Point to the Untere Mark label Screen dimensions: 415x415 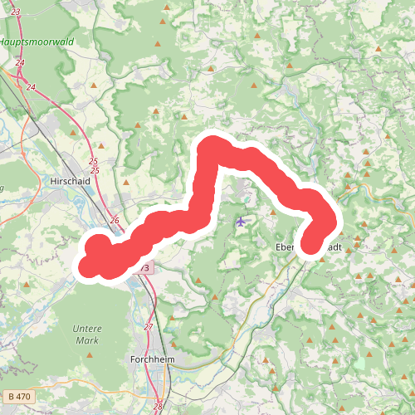tap(87, 334)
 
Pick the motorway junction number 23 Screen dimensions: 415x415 tap(16, 12)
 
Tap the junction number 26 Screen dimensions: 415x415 tap(115, 220)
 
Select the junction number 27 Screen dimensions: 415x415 tap(149, 327)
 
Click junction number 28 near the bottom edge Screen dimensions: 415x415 tap(158, 407)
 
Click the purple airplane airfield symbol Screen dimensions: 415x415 tap(241, 221)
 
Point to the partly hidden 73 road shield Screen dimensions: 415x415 tap(144, 268)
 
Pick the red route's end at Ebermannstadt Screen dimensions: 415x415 tap(310, 245)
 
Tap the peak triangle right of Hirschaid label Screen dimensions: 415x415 tap(125, 182)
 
